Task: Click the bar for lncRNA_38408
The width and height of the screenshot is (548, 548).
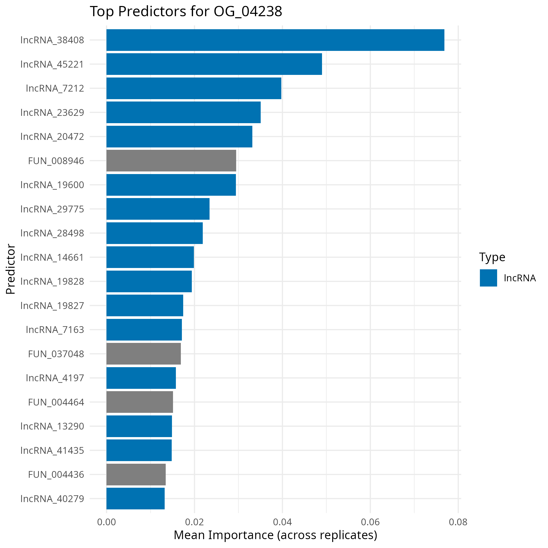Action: coord(275,40)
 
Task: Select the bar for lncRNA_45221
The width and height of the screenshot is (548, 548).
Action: coord(214,64)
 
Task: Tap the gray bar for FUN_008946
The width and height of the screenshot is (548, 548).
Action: coord(171,160)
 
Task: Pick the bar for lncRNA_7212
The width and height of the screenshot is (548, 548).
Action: coord(194,88)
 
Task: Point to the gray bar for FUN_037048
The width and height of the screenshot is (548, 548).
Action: coord(144,354)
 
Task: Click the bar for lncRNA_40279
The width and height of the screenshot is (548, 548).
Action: coord(135,498)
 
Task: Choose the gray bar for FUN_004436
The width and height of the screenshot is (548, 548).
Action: coord(136,474)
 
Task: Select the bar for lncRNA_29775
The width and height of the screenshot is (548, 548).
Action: coord(158,209)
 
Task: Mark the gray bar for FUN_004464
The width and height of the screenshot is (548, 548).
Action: coord(140,402)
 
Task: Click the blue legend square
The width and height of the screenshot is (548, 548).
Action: coord(489,278)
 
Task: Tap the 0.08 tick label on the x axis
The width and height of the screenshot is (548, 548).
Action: coord(458,522)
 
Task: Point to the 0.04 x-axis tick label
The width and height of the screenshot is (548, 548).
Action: coord(282,522)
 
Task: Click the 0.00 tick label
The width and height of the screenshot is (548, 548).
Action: coord(106,522)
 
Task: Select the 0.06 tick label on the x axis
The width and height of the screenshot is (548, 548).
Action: coord(370,522)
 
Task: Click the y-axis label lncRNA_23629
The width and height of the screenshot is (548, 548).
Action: coord(52,113)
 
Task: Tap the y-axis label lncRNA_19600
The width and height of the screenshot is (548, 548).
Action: coord(52,185)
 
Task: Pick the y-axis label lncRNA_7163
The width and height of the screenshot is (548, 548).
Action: coord(55,330)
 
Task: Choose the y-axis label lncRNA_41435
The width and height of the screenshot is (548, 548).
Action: coord(52,450)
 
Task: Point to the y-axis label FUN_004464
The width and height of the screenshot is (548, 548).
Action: coord(56,402)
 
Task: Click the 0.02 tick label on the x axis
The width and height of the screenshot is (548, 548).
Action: coord(194,522)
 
